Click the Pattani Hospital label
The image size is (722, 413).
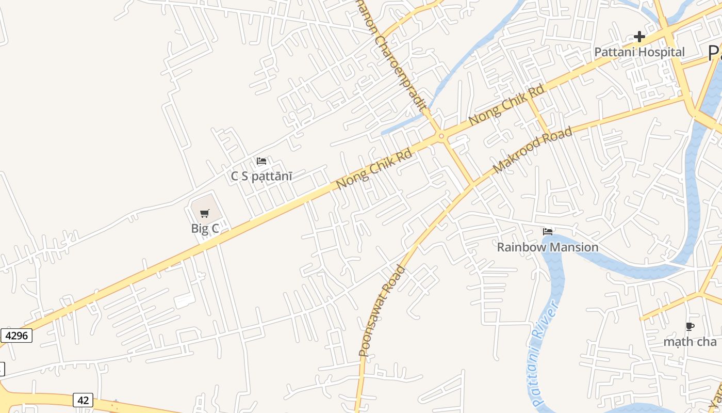[x=639, y=52]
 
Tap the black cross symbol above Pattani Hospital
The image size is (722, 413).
[x=639, y=37]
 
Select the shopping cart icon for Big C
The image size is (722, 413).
[x=205, y=213]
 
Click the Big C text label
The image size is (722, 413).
[x=205, y=228]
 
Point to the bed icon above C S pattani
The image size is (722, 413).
[x=261, y=161]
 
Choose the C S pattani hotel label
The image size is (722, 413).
[x=261, y=176]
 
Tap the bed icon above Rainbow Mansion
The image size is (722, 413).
[x=548, y=232]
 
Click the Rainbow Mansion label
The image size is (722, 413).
[x=548, y=247]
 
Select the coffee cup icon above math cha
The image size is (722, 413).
[x=690, y=326]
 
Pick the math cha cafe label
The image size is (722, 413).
[x=690, y=342]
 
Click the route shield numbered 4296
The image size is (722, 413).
[x=16, y=336]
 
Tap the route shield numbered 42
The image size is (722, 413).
[x=83, y=400]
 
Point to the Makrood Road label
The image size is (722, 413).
[x=532, y=150]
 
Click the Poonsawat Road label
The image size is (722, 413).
[x=382, y=311]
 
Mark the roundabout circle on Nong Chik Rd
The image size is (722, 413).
[x=441, y=136]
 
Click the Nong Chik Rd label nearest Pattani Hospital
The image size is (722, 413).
[x=506, y=105]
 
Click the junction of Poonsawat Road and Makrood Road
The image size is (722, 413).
[x=472, y=184]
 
